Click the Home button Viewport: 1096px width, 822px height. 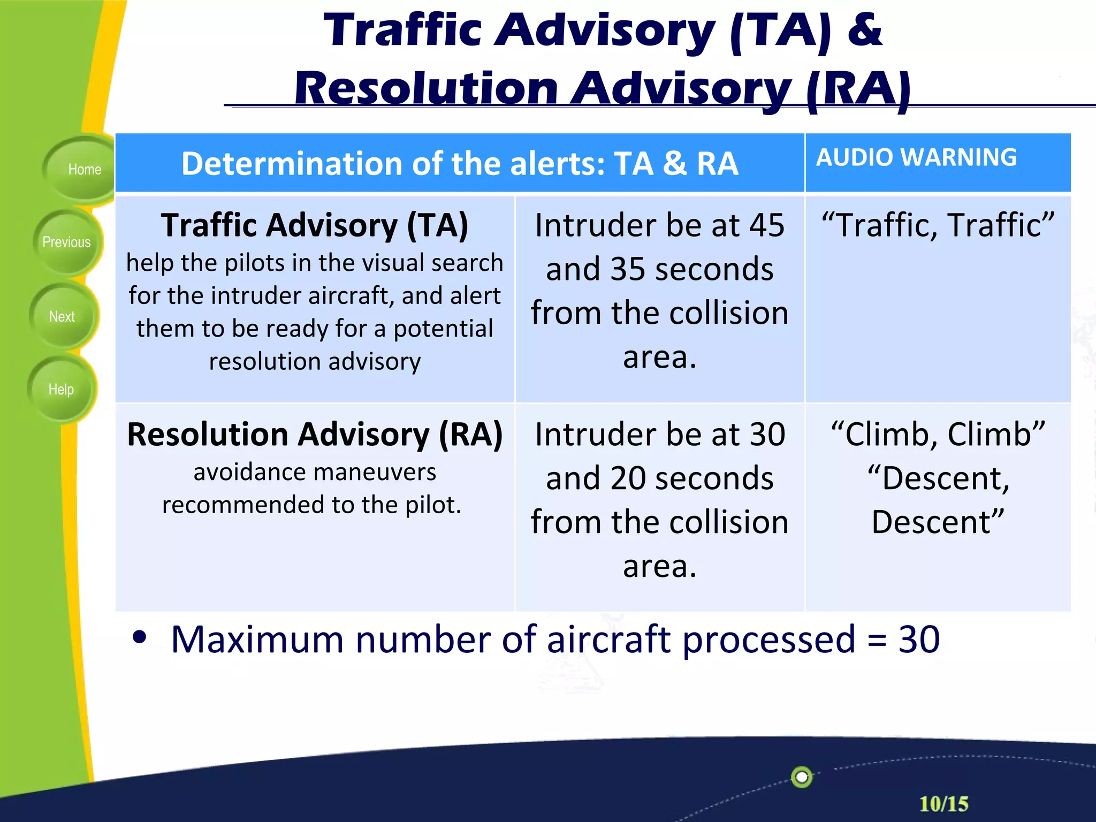83,170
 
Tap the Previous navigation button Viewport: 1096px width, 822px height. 66,242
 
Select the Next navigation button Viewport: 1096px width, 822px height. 62,317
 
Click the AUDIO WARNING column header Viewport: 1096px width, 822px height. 916,157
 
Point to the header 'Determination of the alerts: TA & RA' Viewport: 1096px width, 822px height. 459,164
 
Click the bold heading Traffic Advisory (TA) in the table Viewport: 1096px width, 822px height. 314,225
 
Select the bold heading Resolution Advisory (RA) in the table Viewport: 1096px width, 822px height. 314,434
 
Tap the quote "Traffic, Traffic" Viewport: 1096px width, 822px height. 938,225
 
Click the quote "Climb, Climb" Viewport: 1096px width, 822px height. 938,434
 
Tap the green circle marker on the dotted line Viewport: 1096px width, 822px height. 801,777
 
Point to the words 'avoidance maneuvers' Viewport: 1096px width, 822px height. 314,472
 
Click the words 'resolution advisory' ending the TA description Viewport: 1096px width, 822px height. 314,362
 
